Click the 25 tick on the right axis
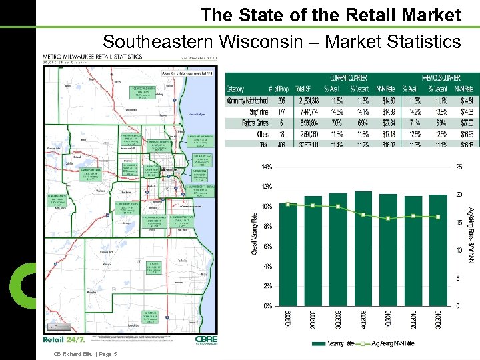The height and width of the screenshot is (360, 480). tap(459, 167)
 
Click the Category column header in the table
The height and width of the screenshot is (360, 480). tap(235, 88)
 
